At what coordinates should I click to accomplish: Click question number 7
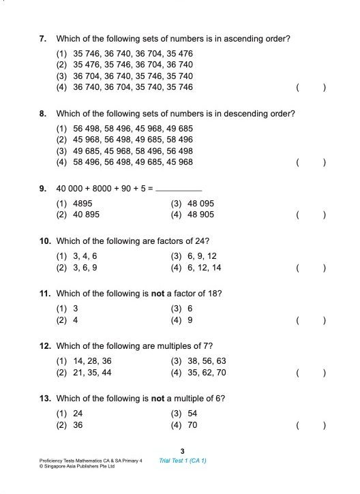pyautogui.click(x=42, y=40)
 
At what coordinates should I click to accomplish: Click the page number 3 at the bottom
pyautogui.click(x=182, y=451)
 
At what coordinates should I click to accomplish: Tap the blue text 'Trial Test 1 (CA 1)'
pyautogui.click(x=182, y=461)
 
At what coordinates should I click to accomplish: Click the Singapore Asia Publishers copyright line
pyautogui.click(x=76, y=467)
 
